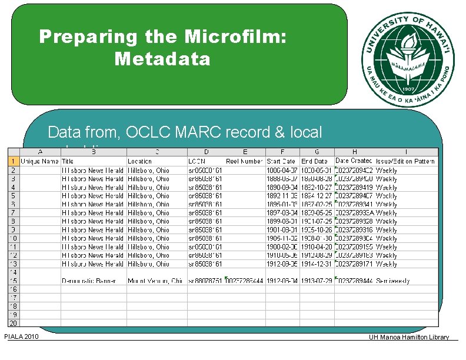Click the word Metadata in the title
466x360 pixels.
[x=162, y=59]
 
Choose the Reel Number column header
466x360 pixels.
[x=244, y=161]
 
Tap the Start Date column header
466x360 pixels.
[x=281, y=161]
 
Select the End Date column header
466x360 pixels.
[x=315, y=161]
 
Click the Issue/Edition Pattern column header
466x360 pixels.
[x=406, y=161]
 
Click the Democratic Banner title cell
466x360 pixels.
[x=93, y=281]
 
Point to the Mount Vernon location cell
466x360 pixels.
[x=156, y=281]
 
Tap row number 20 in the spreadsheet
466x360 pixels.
[x=13, y=323]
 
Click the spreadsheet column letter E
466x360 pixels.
[x=245, y=151]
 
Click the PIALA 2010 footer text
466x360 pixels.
[x=21, y=336]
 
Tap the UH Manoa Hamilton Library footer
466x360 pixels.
[x=408, y=337]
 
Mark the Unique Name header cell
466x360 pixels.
[x=39, y=161]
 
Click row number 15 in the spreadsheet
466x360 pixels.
[x=13, y=281]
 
